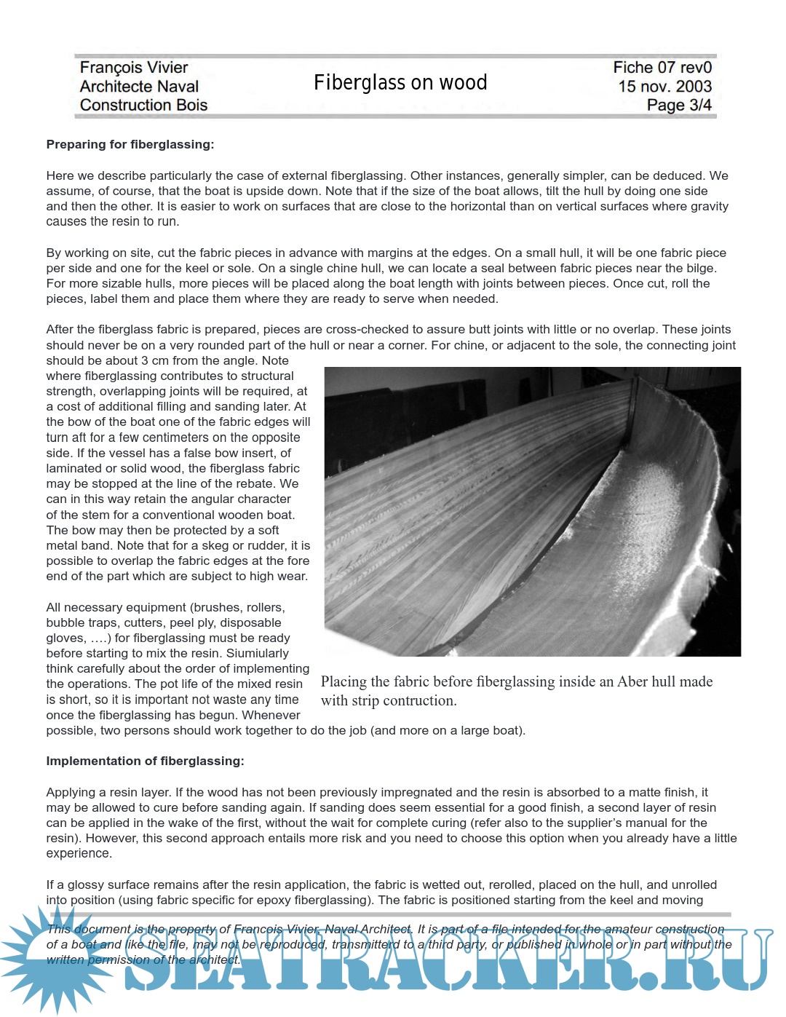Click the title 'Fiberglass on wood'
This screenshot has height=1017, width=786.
[x=400, y=83]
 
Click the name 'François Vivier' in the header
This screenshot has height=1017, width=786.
[x=134, y=68]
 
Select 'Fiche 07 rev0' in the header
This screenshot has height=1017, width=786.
[x=662, y=68]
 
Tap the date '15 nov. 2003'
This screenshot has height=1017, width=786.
[x=664, y=87]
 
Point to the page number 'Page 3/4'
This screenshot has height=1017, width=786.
[x=678, y=106]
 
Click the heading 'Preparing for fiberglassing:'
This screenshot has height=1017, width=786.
[x=130, y=145]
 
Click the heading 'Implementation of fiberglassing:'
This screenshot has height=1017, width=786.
[x=145, y=761]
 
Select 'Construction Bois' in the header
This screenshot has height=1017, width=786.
[x=143, y=106]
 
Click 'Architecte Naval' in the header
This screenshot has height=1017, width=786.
[x=139, y=87]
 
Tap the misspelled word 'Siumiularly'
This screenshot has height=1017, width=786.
[x=258, y=654]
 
